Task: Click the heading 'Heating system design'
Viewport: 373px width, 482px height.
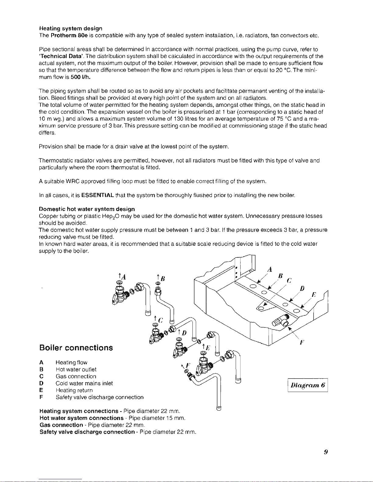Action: coord(71,28)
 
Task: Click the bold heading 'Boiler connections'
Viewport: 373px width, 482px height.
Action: coord(76,348)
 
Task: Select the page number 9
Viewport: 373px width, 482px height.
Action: coord(325,452)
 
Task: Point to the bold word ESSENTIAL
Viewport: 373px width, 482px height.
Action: coord(98,195)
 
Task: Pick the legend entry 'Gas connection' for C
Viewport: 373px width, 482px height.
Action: coord(76,376)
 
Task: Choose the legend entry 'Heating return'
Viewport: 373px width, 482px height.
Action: coord(74,390)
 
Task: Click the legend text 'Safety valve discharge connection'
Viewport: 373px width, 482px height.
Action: coord(100,397)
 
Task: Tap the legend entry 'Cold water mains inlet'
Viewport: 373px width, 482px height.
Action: coord(84,383)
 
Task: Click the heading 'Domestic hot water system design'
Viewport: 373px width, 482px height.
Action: coord(87,209)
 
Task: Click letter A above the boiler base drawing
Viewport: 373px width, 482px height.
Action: coord(269,269)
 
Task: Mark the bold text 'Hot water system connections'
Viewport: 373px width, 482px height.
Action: coord(82,418)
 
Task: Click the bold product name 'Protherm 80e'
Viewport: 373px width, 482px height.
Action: coord(69,35)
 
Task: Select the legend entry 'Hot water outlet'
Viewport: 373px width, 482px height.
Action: coord(76,369)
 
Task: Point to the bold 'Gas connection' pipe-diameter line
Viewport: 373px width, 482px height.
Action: coord(61,425)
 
